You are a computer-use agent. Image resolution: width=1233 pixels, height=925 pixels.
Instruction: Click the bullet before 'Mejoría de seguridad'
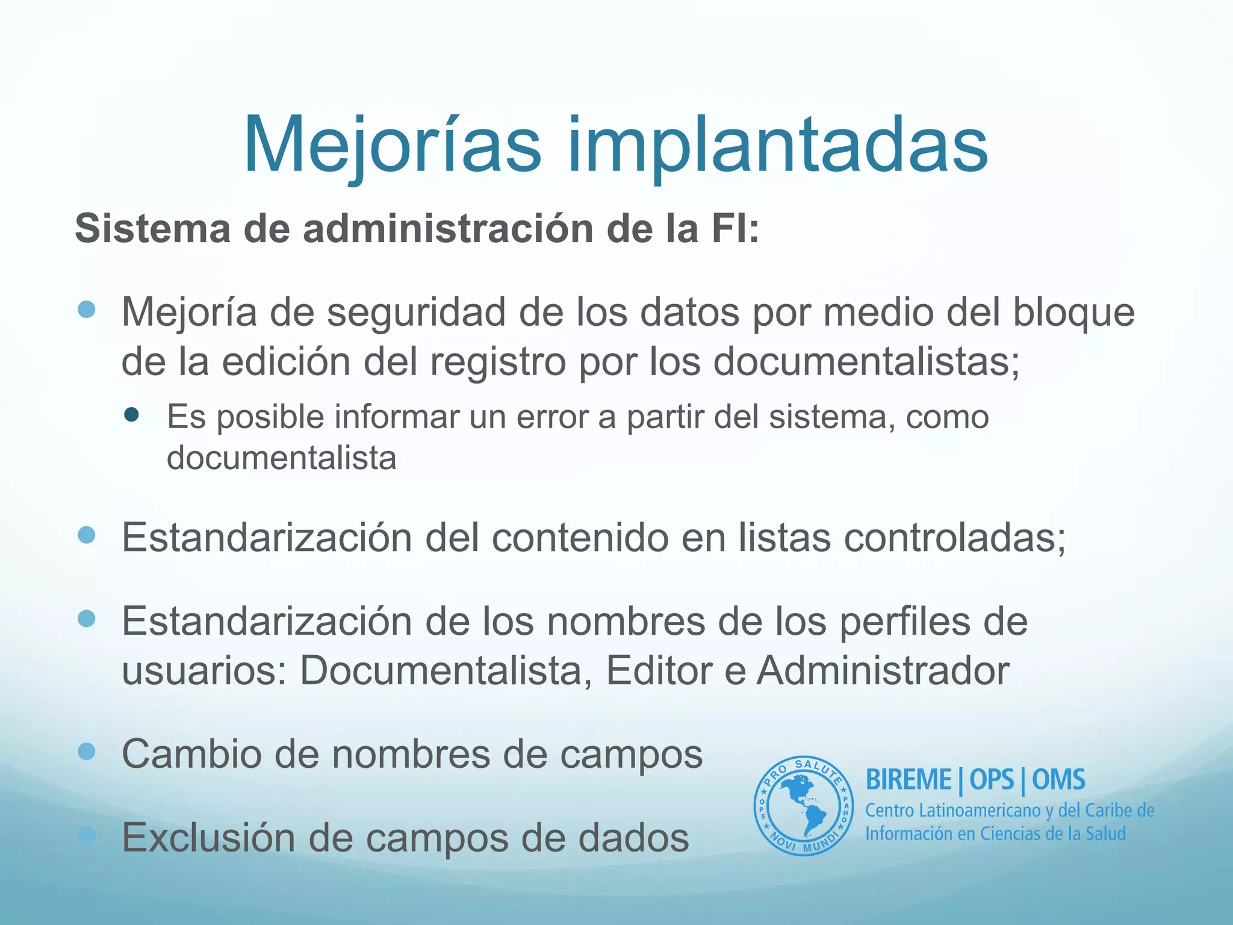(x=87, y=310)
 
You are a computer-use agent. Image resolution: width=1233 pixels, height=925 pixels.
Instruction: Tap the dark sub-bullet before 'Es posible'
(x=131, y=414)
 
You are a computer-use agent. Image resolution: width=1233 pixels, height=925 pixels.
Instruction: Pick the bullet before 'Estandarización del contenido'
(x=87, y=535)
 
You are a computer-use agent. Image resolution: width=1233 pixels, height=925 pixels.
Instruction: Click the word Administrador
(x=883, y=670)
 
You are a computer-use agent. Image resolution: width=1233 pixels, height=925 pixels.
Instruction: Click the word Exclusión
(x=208, y=838)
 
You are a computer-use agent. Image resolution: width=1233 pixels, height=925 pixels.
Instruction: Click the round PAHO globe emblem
(x=803, y=806)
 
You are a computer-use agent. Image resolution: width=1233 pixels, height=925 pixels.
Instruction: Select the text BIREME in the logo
(x=908, y=780)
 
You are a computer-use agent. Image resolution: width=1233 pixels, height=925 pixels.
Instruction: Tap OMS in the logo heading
(x=1058, y=780)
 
